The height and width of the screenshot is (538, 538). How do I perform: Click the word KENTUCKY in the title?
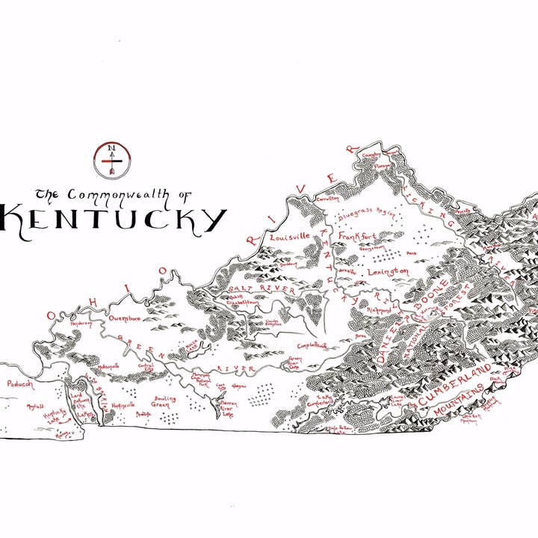coord(112,219)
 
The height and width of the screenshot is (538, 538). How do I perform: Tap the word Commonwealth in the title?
coord(120,194)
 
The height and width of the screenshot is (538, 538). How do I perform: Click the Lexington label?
coord(388,271)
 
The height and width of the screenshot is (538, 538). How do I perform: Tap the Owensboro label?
coord(125,318)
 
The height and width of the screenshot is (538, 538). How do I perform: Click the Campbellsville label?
coord(312,345)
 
